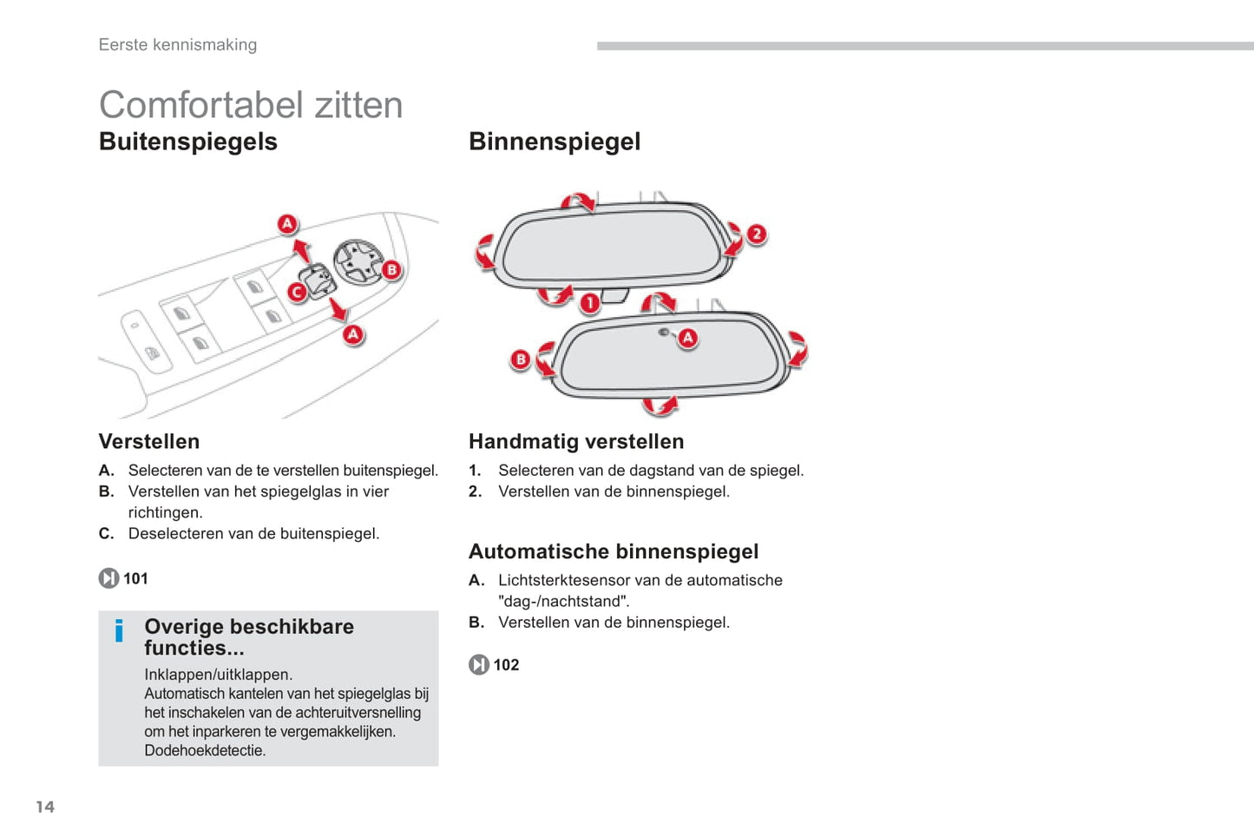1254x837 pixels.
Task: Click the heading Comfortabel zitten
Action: [251, 105]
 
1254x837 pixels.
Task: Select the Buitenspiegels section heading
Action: [188, 142]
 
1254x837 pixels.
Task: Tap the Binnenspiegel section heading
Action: [555, 142]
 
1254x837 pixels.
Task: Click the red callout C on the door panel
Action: [297, 292]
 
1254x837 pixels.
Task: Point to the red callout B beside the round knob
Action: [392, 270]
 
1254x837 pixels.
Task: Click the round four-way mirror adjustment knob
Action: [358, 261]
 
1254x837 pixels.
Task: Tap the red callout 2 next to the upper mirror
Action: [757, 234]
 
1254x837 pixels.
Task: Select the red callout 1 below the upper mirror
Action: [589, 304]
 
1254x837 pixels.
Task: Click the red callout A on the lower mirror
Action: [687, 338]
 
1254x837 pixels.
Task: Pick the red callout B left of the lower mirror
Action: [520, 359]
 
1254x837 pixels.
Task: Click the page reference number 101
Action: [135, 579]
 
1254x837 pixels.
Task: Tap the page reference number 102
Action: [506, 665]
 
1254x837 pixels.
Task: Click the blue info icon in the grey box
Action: [119, 631]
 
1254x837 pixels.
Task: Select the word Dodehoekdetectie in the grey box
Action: [205, 750]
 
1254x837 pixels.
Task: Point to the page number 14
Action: [45, 807]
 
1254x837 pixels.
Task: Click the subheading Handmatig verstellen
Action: [576, 441]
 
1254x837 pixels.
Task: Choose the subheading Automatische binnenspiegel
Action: [614, 551]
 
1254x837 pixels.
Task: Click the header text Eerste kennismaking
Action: [178, 45]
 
